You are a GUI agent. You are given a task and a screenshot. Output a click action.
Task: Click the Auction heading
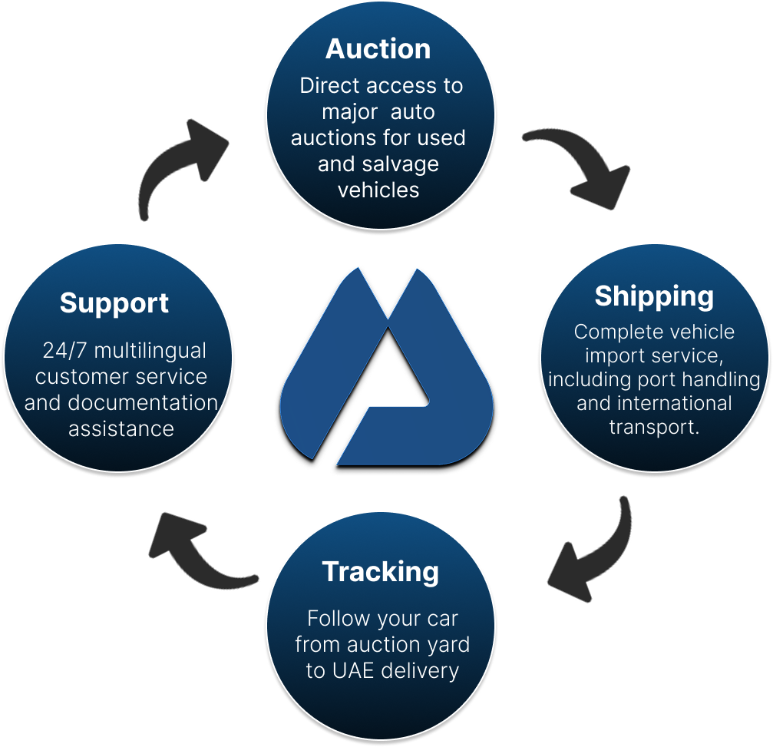coord(378,49)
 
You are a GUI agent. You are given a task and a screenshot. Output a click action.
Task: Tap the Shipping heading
coord(654,296)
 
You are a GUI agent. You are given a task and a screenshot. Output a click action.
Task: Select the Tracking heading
coord(381,572)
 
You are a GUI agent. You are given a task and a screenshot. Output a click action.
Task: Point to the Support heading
coord(114,303)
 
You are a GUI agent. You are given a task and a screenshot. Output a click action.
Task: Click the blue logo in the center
coord(386,369)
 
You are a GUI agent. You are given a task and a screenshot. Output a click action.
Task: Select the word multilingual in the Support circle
coord(150,352)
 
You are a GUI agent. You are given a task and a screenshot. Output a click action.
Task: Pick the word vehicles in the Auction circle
coord(378,190)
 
